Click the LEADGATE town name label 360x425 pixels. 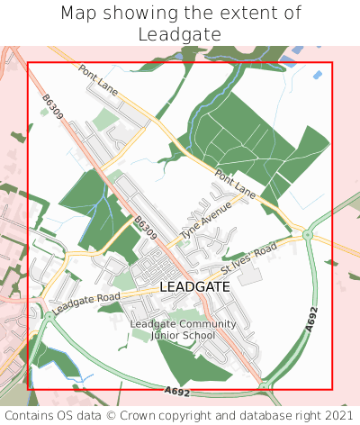coord(194,286)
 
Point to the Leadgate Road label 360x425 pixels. coord(85,303)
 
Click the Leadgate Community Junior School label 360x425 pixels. coord(184,330)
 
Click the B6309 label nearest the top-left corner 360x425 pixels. coord(52,110)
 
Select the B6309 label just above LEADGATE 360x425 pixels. coord(145,229)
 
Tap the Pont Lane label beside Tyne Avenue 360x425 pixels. coord(236,187)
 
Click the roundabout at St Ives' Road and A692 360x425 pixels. coord(307,235)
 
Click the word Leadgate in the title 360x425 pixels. coord(180,34)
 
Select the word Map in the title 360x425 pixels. coord(79,14)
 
